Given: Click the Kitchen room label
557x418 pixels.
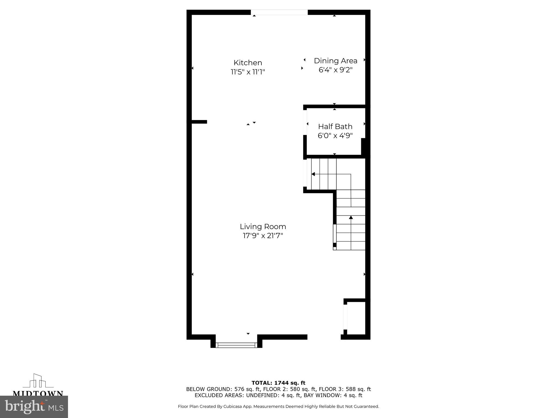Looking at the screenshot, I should (x=248, y=63).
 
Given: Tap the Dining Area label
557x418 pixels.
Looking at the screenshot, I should (x=335, y=61).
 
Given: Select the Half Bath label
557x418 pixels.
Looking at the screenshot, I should (x=335, y=127).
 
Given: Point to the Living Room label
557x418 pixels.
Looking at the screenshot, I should (x=263, y=227).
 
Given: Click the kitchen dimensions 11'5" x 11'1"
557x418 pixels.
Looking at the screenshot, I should (x=248, y=72).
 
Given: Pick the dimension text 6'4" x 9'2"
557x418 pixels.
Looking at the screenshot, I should (x=335, y=70).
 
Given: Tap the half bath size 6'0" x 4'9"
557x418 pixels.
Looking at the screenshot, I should (x=335, y=136).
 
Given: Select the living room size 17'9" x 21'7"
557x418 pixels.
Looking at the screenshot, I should (x=263, y=236).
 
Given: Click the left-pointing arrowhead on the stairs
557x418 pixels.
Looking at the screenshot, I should (x=313, y=174).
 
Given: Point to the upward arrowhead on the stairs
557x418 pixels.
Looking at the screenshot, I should (x=351, y=217).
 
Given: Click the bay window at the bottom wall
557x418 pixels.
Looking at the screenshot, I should (x=236, y=345).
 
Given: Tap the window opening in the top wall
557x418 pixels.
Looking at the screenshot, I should (x=279, y=12).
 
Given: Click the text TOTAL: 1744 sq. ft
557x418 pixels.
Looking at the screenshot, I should (x=278, y=383).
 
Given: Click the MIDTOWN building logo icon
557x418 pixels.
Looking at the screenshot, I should (x=38, y=381).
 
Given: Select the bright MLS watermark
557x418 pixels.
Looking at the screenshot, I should (x=34, y=407).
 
